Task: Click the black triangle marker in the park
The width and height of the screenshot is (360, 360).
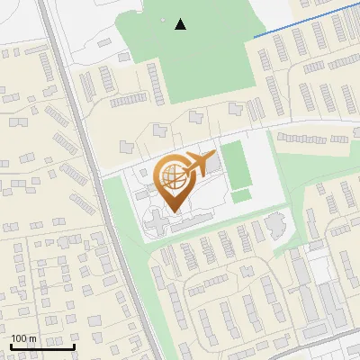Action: pyautogui.click(x=181, y=24)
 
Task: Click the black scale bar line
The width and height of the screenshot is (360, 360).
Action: pyautogui.click(x=42, y=347)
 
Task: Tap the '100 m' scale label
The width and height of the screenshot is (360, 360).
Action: pyautogui.click(x=24, y=338)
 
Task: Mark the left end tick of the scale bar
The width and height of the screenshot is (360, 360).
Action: pyautogui.click(x=11, y=346)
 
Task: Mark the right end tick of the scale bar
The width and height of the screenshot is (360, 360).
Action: pyautogui.click(x=75, y=346)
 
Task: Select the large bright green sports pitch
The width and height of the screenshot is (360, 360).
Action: pyautogui.click(x=234, y=162)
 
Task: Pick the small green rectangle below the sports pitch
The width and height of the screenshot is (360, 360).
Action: pyautogui.click(x=240, y=194)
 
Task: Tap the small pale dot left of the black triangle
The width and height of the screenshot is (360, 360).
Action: pyautogui.click(x=163, y=20)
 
